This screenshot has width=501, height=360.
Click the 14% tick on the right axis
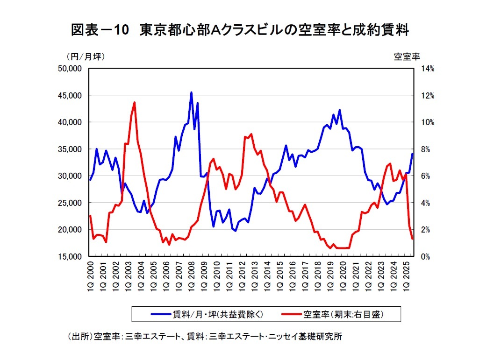click(x=428, y=69)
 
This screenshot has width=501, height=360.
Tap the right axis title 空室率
click(x=407, y=56)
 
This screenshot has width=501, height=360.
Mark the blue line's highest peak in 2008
click(x=191, y=92)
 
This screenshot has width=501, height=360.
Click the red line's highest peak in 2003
click(x=134, y=102)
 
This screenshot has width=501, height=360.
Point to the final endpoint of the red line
click(x=412, y=239)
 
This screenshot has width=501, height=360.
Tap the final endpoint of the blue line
click(x=412, y=154)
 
